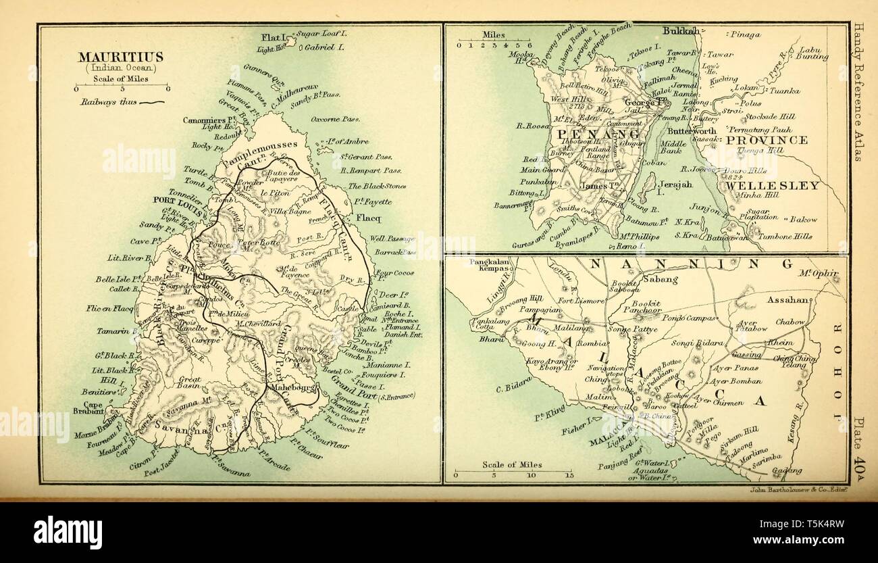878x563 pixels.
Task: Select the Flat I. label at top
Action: pyautogui.click(x=274, y=37)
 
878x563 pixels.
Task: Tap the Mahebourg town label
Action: pyautogui.click(x=292, y=388)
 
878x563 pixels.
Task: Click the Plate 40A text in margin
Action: pyautogui.click(x=860, y=440)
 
